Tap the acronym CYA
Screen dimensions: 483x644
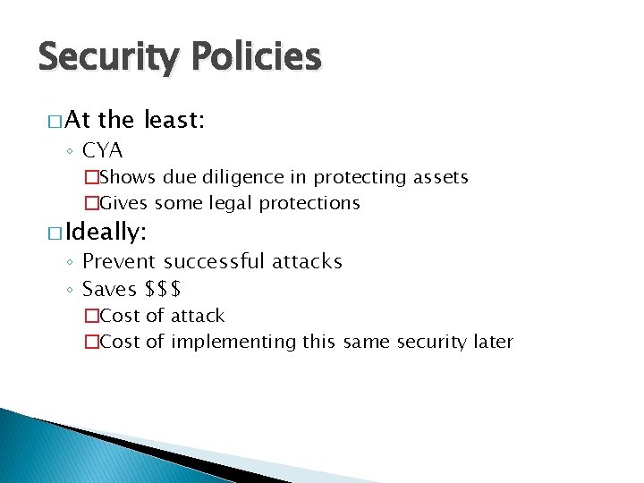pos(102,150)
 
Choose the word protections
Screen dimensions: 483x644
pos(309,203)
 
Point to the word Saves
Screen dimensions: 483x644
pos(109,289)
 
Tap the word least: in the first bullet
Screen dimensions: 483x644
pos(174,121)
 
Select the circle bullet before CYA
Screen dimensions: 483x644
pos(71,151)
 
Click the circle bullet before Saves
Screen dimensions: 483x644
pos(71,290)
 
